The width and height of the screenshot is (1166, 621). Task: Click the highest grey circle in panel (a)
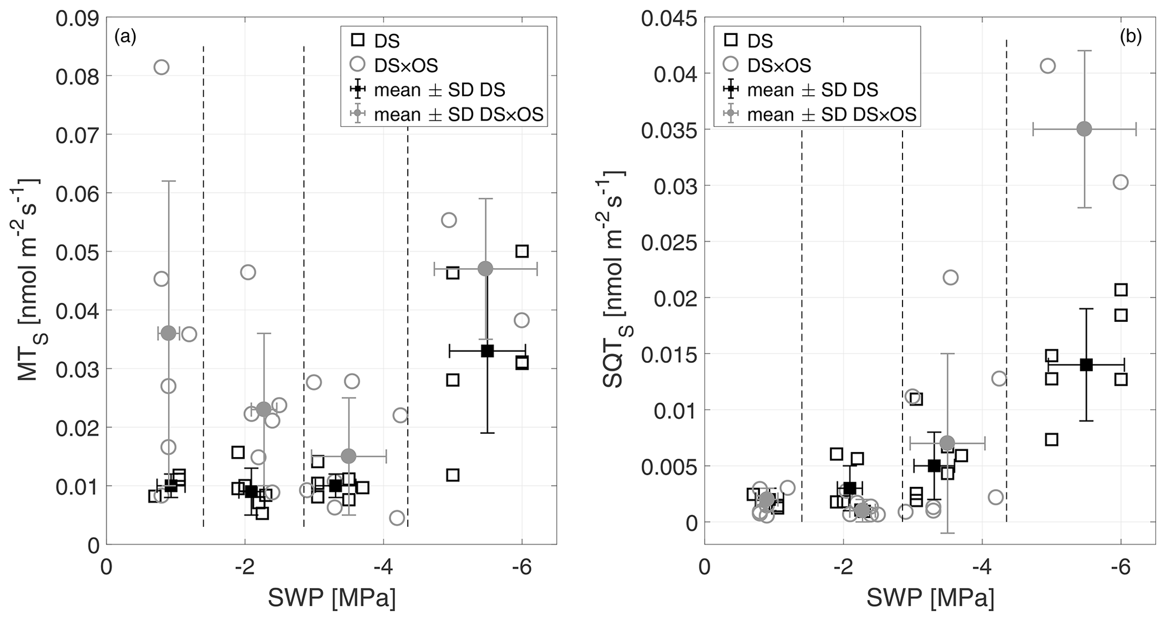click(x=161, y=67)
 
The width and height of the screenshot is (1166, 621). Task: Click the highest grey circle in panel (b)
click(x=1048, y=66)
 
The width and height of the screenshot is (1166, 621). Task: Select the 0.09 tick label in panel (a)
click(x=77, y=18)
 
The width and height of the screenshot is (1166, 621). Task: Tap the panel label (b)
click(x=1130, y=37)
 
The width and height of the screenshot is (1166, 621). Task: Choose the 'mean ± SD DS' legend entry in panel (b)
click(x=812, y=90)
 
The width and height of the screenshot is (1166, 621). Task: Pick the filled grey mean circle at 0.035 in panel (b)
click(x=1084, y=129)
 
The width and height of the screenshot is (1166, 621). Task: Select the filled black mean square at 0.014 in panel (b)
click(x=1086, y=365)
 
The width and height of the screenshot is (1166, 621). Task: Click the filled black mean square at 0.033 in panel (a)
click(x=487, y=351)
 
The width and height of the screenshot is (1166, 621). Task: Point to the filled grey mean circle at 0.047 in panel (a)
click(x=486, y=269)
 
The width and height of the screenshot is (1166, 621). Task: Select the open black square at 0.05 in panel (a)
click(x=522, y=251)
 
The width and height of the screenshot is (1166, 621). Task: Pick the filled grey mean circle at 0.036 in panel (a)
click(x=169, y=333)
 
